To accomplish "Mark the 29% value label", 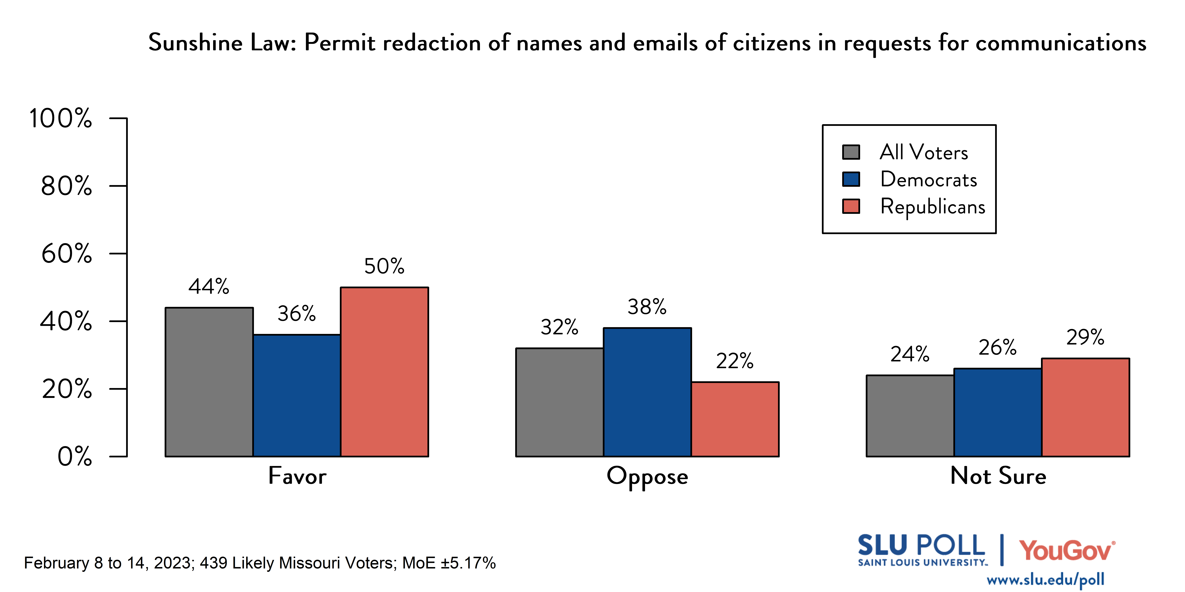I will pos(1085,337).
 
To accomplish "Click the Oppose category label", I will pos(647,476).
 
